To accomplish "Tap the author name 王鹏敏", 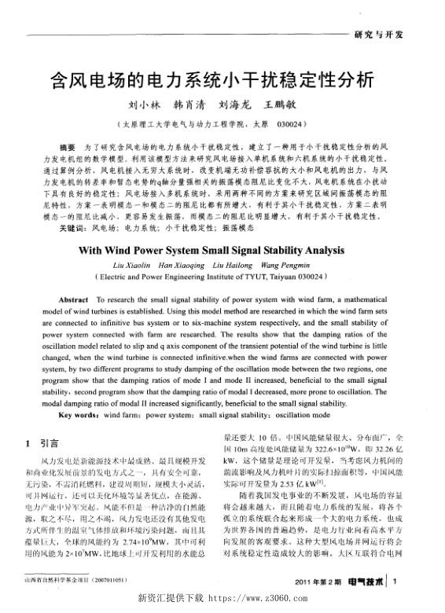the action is (x=284, y=105).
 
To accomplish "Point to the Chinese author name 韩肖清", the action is (x=189, y=105).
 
